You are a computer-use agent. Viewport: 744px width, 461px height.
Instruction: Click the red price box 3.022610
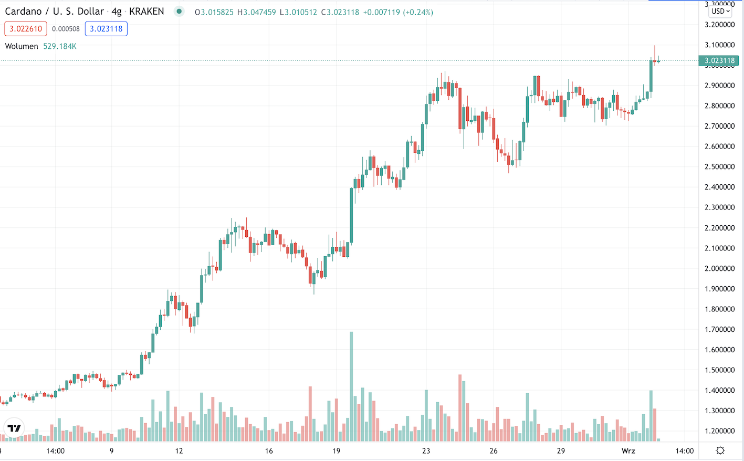(26, 29)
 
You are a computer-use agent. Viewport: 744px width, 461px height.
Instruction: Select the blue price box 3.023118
(106, 29)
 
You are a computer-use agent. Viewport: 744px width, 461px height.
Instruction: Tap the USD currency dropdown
(720, 11)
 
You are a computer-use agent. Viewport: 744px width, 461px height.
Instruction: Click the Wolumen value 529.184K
(60, 46)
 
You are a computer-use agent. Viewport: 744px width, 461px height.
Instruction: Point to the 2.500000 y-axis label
(719, 167)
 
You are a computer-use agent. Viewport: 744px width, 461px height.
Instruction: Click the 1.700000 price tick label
(719, 330)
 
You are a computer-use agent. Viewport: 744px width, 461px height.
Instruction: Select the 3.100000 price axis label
(719, 45)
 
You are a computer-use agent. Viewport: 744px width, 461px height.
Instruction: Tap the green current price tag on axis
(719, 61)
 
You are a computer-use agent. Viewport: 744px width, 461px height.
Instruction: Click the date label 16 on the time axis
(269, 450)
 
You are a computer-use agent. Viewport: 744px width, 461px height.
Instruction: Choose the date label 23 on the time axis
(426, 450)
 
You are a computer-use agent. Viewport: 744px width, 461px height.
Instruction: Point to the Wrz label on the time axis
(628, 450)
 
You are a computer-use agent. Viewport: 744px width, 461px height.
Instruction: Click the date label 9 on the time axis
(112, 450)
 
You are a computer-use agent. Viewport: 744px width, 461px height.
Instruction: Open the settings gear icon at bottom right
(720, 450)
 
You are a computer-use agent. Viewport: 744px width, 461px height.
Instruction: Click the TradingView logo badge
(14, 428)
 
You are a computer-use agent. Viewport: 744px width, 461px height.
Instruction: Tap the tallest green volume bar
(351, 386)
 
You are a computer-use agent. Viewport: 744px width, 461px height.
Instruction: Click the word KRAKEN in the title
(146, 12)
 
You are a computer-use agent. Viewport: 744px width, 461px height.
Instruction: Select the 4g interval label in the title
(116, 12)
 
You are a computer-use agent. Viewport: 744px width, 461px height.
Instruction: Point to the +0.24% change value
(418, 12)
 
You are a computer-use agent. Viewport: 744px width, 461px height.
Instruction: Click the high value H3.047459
(256, 12)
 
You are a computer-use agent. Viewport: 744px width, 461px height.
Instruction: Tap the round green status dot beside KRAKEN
(180, 12)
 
